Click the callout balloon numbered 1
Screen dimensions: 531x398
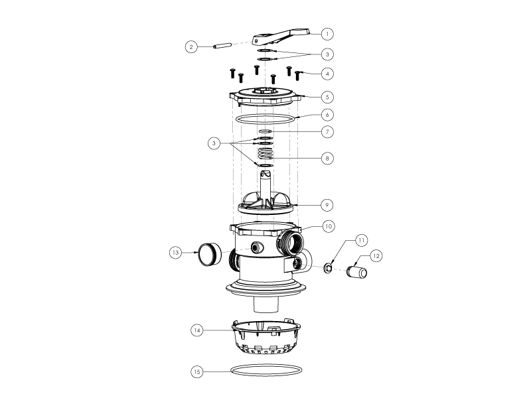pyautogui.click(x=327, y=34)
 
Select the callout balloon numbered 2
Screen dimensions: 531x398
pyautogui.click(x=191, y=46)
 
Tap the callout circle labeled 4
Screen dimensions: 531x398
pyautogui.click(x=327, y=74)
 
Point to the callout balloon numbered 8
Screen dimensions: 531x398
pyautogui.click(x=327, y=158)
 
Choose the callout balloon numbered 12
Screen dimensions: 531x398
pyautogui.click(x=376, y=256)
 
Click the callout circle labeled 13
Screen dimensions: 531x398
pyautogui.click(x=176, y=253)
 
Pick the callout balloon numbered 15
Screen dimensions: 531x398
pyautogui.click(x=197, y=371)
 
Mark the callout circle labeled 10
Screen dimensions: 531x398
pyautogui.click(x=328, y=226)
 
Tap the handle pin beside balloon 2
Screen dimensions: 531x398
pyautogui.click(x=222, y=46)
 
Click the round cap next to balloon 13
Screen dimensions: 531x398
pyautogui.click(x=209, y=255)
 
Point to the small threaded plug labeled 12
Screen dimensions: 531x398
pyautogui.click(x=357, y=273)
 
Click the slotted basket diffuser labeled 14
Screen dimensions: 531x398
pyautogui.click(x=266, y=338)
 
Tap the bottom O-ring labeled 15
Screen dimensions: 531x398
pyautogui.click(x=266, y=370)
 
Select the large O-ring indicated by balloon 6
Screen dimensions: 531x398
pyautogui.click(x=265, y=119)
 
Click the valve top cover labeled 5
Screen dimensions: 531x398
pyautogui.click(x=265, y=96)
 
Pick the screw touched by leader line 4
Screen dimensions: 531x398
pyautogui.click(x=297, y=76)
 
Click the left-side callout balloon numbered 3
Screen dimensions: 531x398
pyautogui.click(x=214, y=143)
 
